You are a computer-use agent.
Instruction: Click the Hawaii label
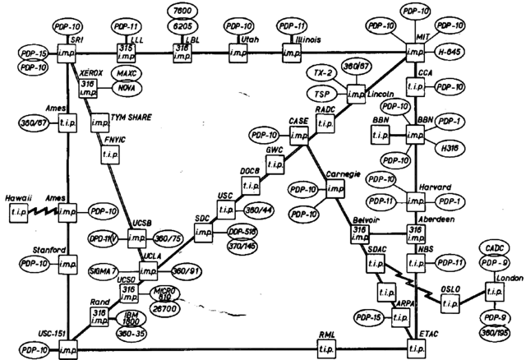click(x=18, y=196)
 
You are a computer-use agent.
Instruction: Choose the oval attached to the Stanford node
click(x=33, y=264)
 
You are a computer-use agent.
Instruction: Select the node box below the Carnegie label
click(x=335, y=190)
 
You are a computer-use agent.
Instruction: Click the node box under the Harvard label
click(x=418, y=201)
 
